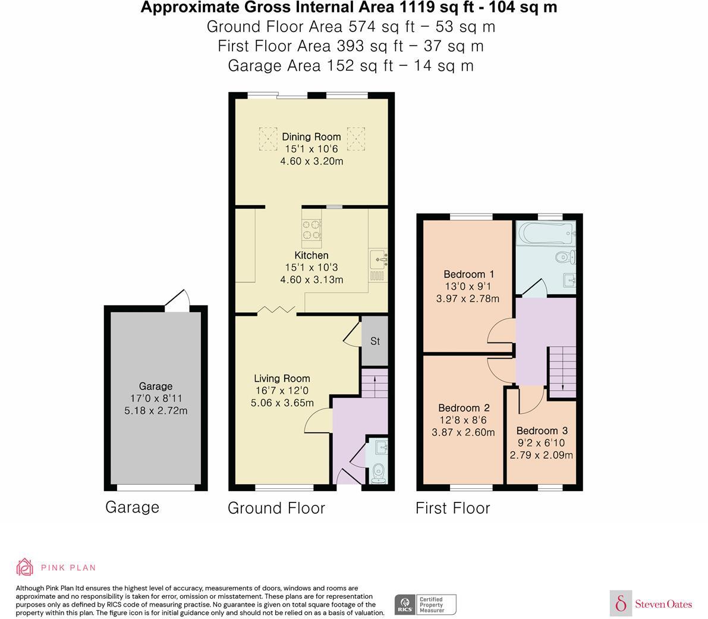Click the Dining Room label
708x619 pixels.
[311, 137]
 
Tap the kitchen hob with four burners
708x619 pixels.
[312, 229]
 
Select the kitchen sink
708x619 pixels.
[378, 259]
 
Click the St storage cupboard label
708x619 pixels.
[375, 341]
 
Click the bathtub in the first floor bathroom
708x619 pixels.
[545, 234]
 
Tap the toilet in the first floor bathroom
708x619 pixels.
[565, 257]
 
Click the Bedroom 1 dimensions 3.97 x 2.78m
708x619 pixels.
[468, 298]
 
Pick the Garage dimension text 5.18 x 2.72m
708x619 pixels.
[156, 410]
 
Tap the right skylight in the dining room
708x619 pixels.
[355, 138]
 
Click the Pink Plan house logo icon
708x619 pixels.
[25, 567]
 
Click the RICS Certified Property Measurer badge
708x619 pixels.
[426, 604]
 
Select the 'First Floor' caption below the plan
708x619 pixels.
[452, 508]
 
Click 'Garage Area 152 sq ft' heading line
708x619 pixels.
[351, 65]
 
